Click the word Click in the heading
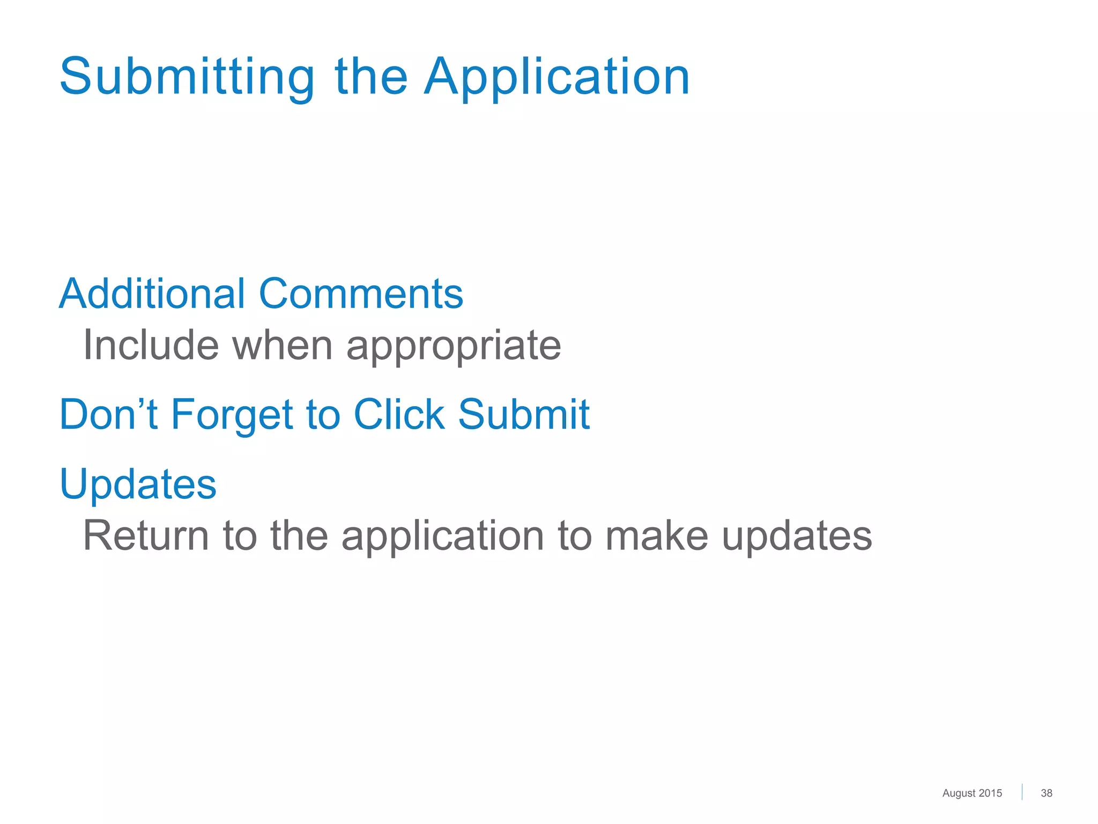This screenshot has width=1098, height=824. point(399,414)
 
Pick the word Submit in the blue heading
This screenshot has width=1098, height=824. point(523,414)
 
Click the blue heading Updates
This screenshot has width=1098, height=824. point(138,484)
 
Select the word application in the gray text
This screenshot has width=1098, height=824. point(443,535)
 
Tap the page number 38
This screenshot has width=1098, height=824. point(1046,793)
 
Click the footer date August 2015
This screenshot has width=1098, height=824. point(971,793)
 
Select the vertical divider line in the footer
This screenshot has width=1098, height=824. point(1022,792)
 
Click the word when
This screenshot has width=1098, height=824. point(282,345)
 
